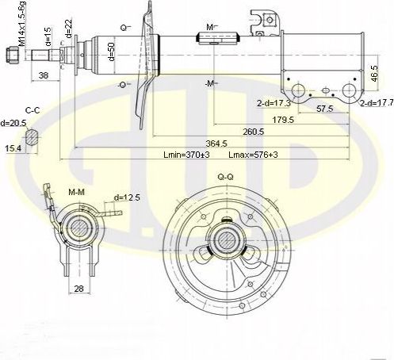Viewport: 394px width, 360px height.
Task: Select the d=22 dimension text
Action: pyautogui.click(x=70, y=29)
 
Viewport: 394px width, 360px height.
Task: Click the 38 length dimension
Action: pyautogui.click(x=44, y=76)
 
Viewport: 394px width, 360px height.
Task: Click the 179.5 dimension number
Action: pyautogui.click(x=283, y=120)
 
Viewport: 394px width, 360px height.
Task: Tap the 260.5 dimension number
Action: pyautogui.click(x=254, y=132)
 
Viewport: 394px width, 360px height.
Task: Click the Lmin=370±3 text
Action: pyautogui.click(x=186, y=155)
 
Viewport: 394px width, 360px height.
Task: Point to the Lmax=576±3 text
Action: pyautogui.click(x=253, y=155)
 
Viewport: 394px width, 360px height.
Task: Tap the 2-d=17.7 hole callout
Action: pyautogui.click(x=375, y=104)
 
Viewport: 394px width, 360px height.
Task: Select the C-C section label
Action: pyautogui.click(x=33, y=110)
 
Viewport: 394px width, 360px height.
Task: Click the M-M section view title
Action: pyautogui.click(x=77, y=193)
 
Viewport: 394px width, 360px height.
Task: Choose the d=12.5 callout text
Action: pyautogui.click(x=128, y=197)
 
